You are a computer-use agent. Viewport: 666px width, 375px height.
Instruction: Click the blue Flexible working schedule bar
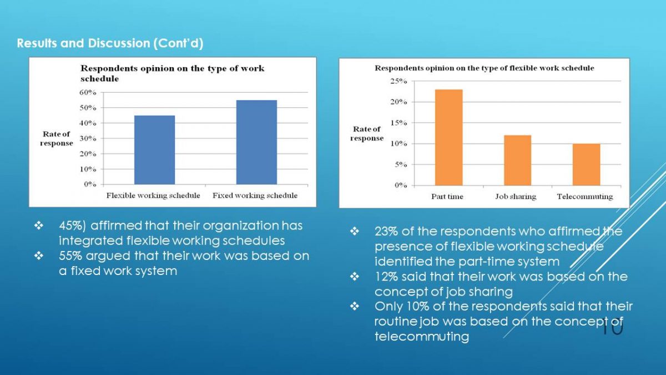155,149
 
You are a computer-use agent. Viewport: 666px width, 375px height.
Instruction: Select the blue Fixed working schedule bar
256,142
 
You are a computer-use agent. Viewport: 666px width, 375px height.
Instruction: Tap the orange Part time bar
448,137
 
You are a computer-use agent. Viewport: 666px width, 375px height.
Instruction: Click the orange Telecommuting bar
586,164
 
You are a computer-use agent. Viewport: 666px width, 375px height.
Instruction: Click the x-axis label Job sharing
516,197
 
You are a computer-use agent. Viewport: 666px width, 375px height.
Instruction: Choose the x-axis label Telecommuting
585,197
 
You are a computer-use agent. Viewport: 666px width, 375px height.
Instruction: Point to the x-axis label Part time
447,197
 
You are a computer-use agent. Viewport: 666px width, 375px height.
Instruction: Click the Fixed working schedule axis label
255,196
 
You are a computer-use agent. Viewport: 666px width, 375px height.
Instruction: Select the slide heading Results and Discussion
110,43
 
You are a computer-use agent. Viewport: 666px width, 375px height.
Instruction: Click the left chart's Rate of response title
57,138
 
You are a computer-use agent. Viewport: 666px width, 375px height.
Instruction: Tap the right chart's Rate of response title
367,134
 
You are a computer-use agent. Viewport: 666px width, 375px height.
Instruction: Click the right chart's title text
484,68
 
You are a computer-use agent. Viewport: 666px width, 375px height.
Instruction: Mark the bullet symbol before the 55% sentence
39,256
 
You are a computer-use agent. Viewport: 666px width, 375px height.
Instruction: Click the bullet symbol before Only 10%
355,307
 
